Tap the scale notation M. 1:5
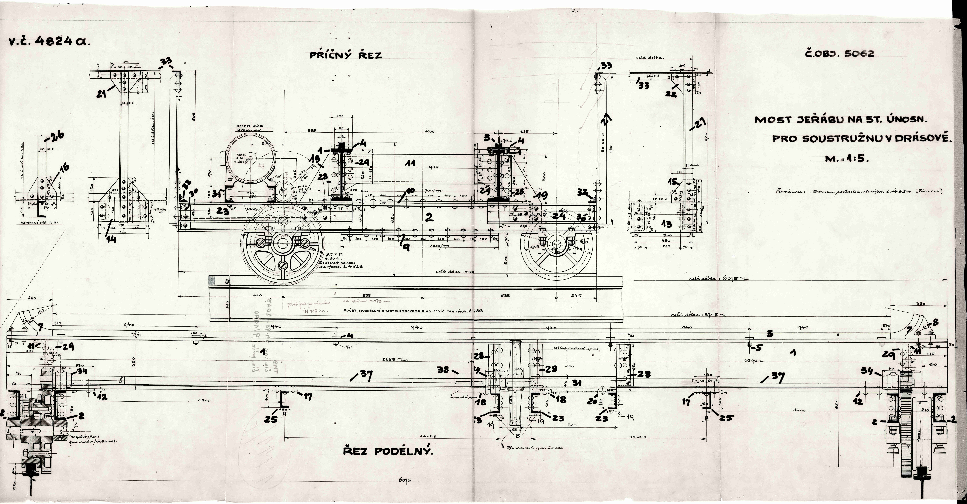847,159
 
